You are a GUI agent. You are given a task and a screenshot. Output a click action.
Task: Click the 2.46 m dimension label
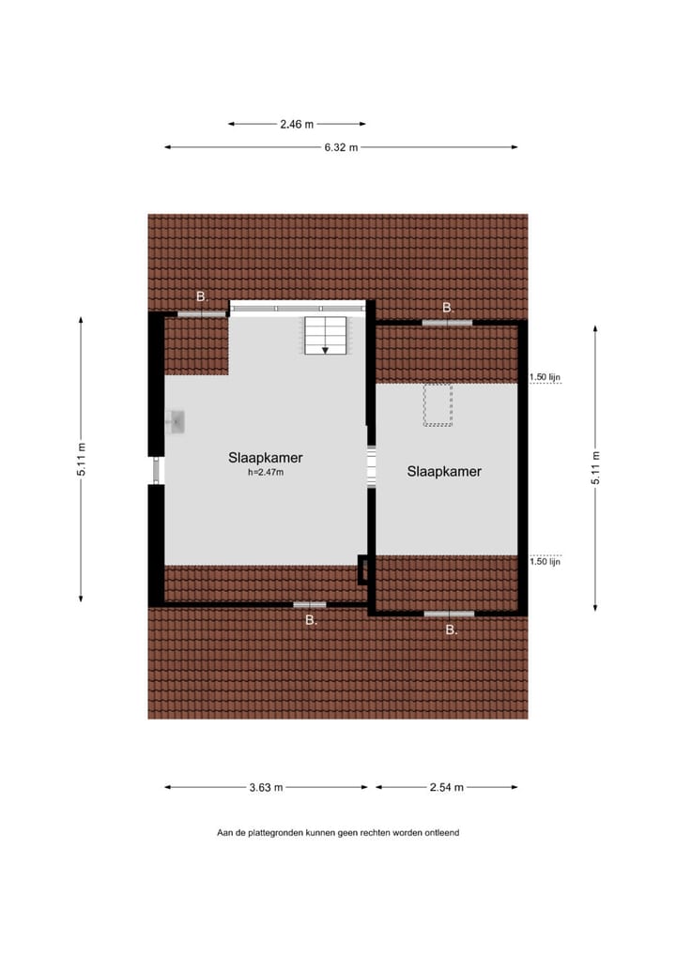coord(297,123)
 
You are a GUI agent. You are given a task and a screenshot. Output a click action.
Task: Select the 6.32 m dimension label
coord(341,147)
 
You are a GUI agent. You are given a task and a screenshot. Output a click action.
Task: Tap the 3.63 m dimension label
coord(266,788)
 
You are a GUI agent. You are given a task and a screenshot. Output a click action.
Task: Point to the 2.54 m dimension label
coord(446,788)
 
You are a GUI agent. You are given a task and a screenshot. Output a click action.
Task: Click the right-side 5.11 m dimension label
coord(595,467)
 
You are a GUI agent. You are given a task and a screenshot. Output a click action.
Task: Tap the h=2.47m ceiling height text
coord(265,473)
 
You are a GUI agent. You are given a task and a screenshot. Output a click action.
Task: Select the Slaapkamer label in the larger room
coord(265,458)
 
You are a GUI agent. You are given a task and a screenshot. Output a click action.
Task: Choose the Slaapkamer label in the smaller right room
coord(444,471)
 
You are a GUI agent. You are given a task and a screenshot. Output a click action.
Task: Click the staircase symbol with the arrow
coord(325,336)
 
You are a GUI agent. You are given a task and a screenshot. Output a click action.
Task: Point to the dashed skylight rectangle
coord(438,404)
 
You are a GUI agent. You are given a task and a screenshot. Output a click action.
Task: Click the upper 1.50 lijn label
coord(545,377)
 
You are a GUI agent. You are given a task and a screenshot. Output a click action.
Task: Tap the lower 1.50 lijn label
coord(545,562)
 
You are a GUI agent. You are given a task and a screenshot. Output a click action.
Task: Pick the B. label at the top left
coord(201,296)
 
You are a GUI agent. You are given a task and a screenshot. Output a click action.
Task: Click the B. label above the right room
coord(448,308)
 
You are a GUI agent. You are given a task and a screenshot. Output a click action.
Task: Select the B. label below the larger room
coord(311,620)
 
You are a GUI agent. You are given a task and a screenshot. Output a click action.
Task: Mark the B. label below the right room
coord(451,630)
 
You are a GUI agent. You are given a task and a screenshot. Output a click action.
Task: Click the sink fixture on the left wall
coord(177,423)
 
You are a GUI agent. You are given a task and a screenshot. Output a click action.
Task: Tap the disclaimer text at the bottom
coord(338,832)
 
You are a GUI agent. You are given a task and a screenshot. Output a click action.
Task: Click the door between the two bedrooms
coord(371,466)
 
